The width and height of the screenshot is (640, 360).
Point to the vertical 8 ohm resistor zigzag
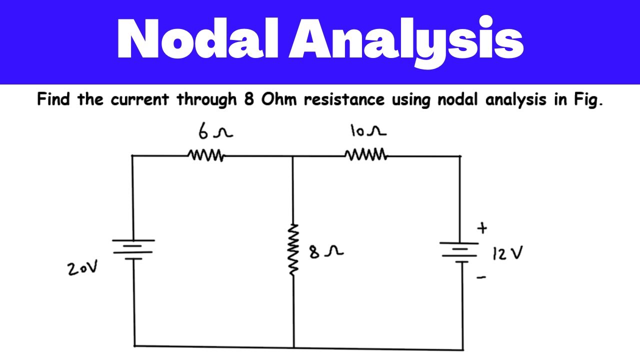coord(293,249)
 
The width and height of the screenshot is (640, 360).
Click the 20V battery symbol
coord(133,248)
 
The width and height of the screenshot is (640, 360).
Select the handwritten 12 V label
coord(507,254)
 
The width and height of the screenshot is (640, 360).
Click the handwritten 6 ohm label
coord(215,133)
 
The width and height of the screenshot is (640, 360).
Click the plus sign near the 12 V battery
coord(482,228)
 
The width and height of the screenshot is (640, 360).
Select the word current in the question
coord(140,99)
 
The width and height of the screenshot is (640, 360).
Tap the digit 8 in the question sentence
coord(248,99)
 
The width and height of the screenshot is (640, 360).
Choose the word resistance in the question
coord(344,99)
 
